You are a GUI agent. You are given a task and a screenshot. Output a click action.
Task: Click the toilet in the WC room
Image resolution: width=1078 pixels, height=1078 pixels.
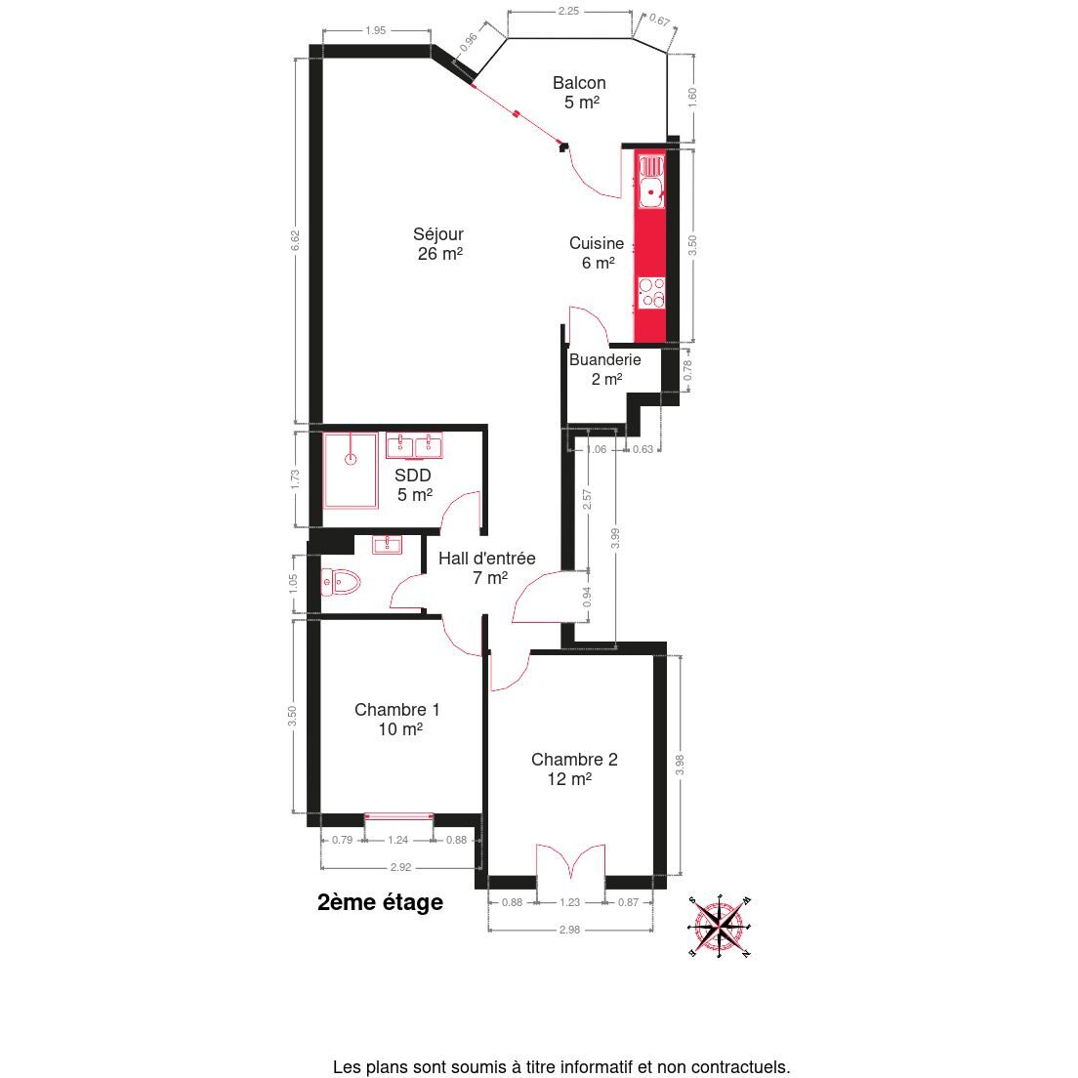(x=341, y=582)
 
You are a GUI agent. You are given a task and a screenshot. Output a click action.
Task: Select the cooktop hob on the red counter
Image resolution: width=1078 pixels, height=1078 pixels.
(x=651, y=292)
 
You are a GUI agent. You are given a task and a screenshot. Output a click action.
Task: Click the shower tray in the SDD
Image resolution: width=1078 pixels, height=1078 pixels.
(x=351, y=471)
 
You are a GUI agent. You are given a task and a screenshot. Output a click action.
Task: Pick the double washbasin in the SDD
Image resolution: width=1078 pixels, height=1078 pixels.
(x=415, y=445)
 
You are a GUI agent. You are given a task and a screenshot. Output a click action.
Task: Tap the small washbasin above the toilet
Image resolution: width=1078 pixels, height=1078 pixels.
(x=388, y=545)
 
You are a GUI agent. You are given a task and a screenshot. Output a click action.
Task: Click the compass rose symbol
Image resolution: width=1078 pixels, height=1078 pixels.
(x=719, y=926)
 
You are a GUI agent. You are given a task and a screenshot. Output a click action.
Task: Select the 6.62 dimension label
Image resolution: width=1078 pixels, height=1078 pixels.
(x=295, y=240)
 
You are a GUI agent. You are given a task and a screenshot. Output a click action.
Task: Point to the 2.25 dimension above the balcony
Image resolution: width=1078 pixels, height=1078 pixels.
(x=568, y=11)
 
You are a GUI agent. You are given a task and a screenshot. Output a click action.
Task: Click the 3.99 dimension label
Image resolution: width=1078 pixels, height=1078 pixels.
(x=616, y=538)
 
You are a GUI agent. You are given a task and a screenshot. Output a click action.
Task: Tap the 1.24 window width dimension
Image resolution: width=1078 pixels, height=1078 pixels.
(x=398, y=840)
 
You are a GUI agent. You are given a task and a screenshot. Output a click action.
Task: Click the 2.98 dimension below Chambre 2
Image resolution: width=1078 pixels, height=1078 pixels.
(x=569, y=930)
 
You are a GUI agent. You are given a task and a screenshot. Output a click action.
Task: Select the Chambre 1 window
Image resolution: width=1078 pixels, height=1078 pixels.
(x=398, y=816)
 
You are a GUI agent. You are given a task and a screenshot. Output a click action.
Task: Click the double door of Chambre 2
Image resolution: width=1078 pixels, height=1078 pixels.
(x=570, y=861)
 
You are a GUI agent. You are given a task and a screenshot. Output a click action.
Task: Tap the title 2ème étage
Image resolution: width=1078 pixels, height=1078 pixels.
(x=380, y=902)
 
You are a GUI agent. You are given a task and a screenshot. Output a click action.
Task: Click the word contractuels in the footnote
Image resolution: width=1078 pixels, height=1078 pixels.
(x=740, y=1067)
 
